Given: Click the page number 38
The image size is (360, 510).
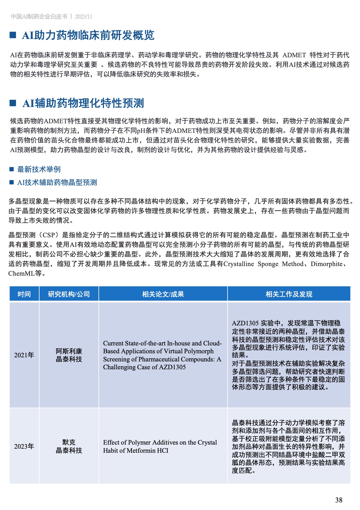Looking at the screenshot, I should pyautogui.click(x=339, y=500).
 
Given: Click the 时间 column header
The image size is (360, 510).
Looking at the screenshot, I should pyautogui.click(x=24, y=294).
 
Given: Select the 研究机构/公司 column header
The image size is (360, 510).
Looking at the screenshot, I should pyautogui.click(x=69, y=294).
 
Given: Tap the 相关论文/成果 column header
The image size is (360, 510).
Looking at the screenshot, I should pyautogui.click(x=163, y=294).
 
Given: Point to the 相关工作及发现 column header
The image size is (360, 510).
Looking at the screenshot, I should pyautogui.click(x=289, y=294).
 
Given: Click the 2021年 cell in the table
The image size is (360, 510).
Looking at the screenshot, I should pyautogui.click(x=24, y=355).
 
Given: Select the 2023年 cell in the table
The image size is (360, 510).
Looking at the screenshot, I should pyautogui.click(x=24, y=446).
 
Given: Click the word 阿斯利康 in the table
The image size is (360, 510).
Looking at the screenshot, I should pyautogui.click(x=69, y=351).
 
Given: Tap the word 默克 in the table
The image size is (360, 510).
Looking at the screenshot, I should pyautogui.click(x=69, y=442).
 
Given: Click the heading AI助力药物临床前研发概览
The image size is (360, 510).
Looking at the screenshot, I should pyautogui.click(x=88, y=35).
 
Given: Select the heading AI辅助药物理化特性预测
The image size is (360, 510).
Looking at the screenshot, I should pyautogui.click(x=83, y=103).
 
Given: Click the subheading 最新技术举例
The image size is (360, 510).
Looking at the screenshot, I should pyautogui.click(x=39, y=169).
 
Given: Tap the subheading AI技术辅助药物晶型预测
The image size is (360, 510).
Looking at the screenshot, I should pyautogui.click(x=57, y=182).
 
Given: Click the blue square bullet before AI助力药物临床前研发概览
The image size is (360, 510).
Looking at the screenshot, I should pyautogui.click(x=13, y=35).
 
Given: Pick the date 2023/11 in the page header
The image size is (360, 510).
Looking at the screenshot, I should pyautogui.click(x=83, y=17).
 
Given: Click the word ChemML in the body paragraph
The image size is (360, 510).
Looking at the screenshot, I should pyautogui.click(x=21, y=273).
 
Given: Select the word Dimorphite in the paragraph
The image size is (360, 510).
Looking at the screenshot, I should pyautogui.click(x=326, y=264).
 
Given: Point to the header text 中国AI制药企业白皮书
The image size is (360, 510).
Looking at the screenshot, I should pyautogui.click(x=39, y=17).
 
